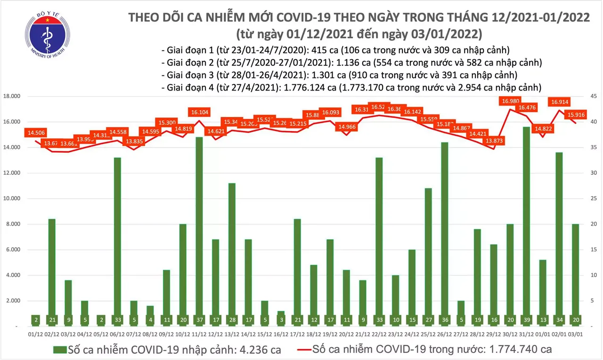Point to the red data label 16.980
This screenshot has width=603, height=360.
point(511,101)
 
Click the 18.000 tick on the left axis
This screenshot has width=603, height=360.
point(13,96)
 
